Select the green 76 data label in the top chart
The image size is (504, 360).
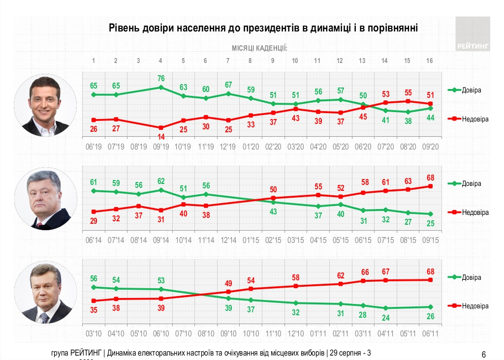[x=161, y=79]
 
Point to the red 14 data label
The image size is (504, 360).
[x=161, y=136]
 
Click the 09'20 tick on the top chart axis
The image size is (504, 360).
[x=431, y=147]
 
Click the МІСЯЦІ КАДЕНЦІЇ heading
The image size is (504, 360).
[x=259, y=48]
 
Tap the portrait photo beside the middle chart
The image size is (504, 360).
[x=45, y=199]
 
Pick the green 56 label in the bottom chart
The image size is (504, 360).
[x=94, y=278]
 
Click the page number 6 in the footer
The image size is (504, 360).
[x=484, y=354]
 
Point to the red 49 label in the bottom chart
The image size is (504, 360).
[x=228, y=283]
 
